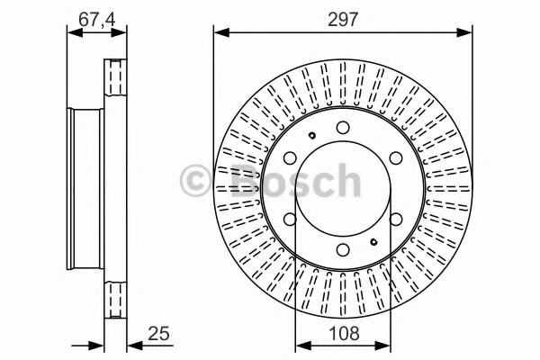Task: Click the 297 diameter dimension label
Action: pos(343,18)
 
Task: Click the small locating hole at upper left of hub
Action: pos(310,137)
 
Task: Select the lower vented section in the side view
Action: pos(114,301)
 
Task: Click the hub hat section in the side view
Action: pos(87,190)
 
